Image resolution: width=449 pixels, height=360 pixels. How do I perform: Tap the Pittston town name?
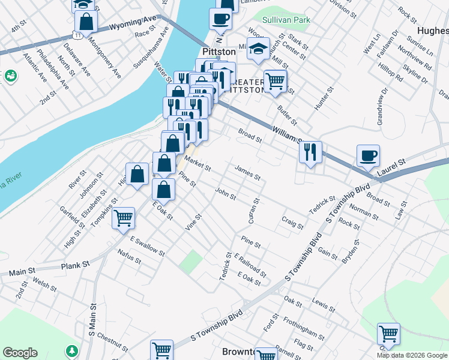click(x=218, y=52)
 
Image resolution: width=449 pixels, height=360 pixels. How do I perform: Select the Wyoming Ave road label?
click(x=133, y=26)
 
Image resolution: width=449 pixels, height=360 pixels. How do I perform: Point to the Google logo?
click(x=20, y=353)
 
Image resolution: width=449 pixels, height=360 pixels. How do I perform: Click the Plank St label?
click(x=76, y=264)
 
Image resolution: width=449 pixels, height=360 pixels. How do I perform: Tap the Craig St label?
click(x=292, y=223)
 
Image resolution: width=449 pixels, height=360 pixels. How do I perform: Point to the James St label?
click(x=247, y=173)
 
